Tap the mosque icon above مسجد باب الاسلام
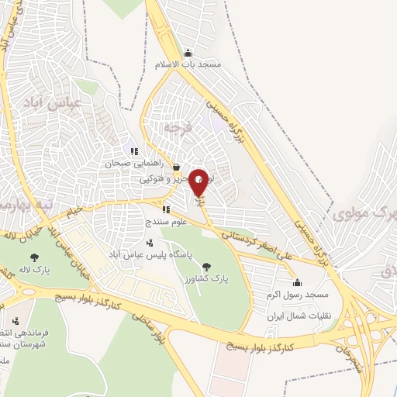point(187,53)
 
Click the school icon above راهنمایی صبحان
point(133,152)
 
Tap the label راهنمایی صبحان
point(133,164)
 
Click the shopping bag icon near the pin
point(176,167)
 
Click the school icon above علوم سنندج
point(165,209)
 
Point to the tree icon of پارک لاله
point(33,257)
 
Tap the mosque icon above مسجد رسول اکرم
point(297,282)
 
